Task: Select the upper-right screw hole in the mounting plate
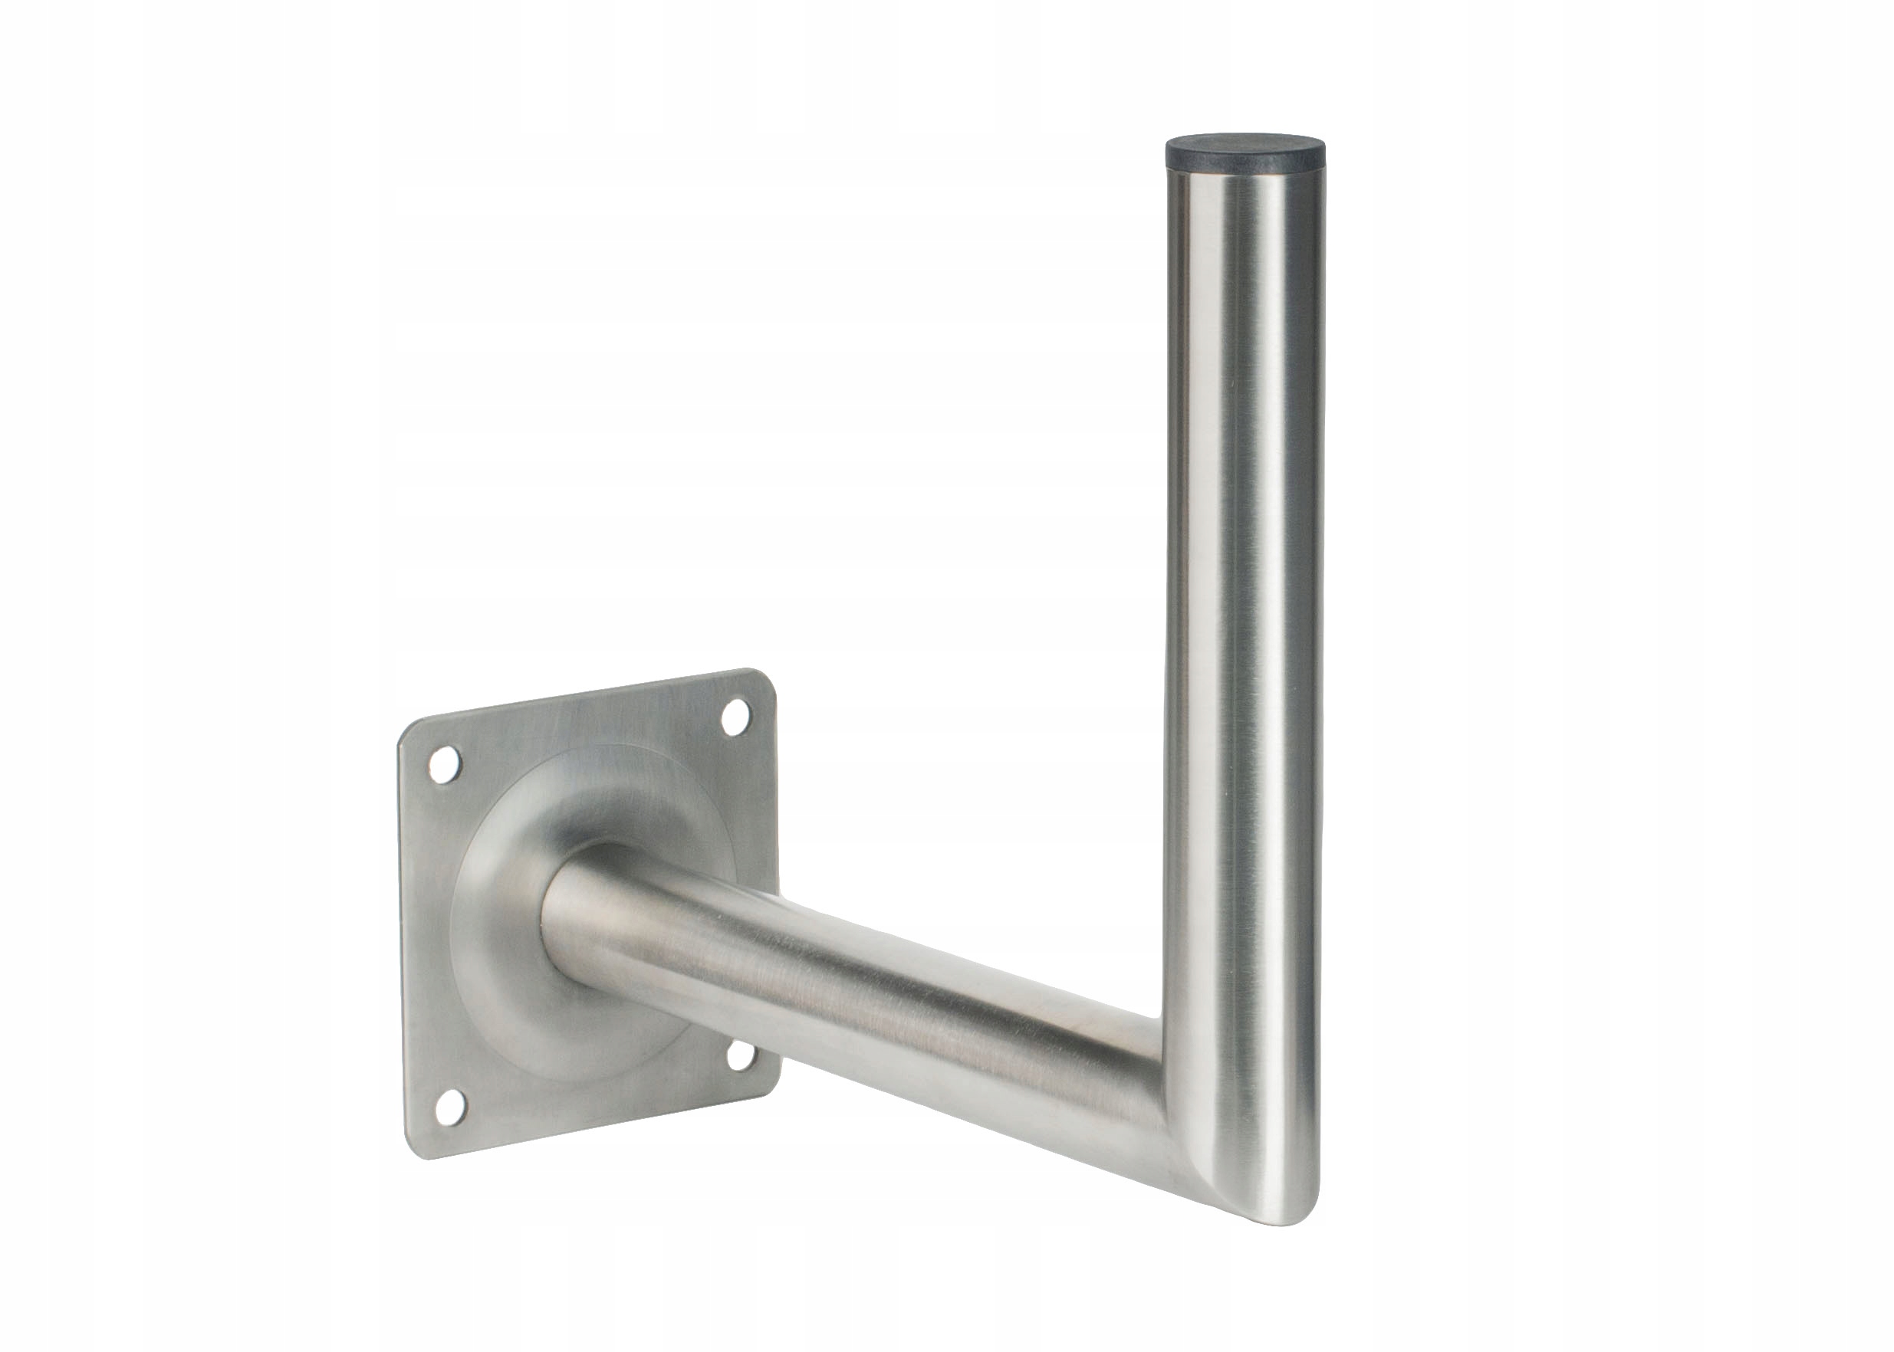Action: tap(734, 715)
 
